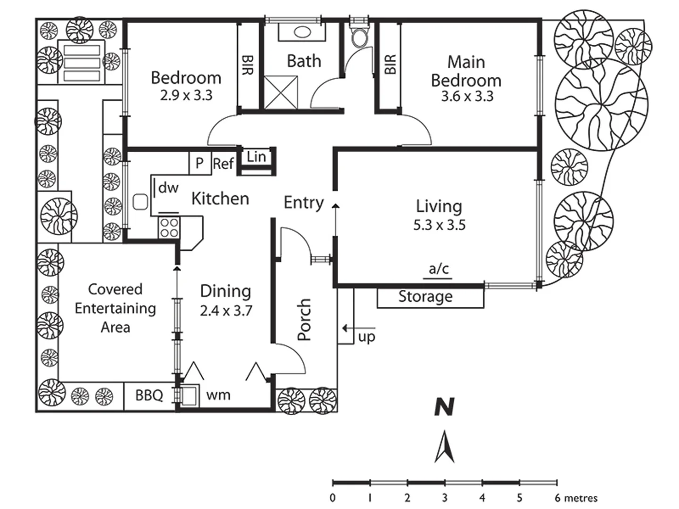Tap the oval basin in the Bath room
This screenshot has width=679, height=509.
[302, 32]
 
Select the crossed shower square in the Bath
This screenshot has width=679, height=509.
[280, 92]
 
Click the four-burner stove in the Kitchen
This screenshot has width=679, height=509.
[169, 228]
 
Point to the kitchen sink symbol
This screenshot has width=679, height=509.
[140, 202]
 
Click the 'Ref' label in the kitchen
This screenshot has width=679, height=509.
[224, 164]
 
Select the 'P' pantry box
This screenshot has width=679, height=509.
[200, 163]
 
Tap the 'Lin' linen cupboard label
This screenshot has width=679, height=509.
[257, 157]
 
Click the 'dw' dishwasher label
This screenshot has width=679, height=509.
[168, 188]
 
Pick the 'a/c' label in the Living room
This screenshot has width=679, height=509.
[439, 269]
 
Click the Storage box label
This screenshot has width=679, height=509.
[425, 297]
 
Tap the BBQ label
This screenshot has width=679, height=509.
[149, 395]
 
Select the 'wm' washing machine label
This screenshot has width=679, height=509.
[218, 395]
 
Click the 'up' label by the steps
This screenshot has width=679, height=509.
[366, 337]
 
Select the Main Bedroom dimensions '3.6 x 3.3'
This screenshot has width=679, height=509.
[467, 96]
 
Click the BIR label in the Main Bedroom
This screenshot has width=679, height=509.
[390, 65]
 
